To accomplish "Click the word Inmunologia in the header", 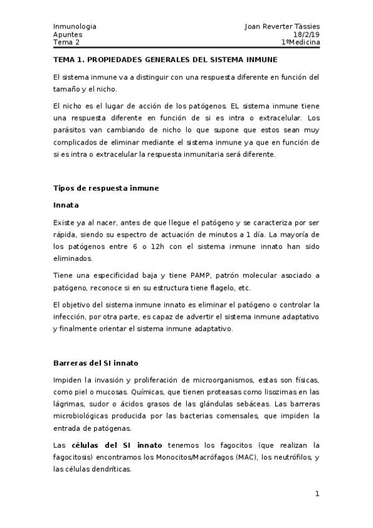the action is pyautogui.click(x=75, y=27).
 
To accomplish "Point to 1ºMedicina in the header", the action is pyautogui.click(x=300, y=42).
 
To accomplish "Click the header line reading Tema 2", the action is pyautogui.click(x=67, y=42).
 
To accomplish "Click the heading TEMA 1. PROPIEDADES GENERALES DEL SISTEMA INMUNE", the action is pyautogui.click(x=165, y=60).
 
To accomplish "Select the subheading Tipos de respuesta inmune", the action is pyautogui.click(x=106, y=187).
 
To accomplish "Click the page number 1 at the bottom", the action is pyautogui.click(x=317, y=494).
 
